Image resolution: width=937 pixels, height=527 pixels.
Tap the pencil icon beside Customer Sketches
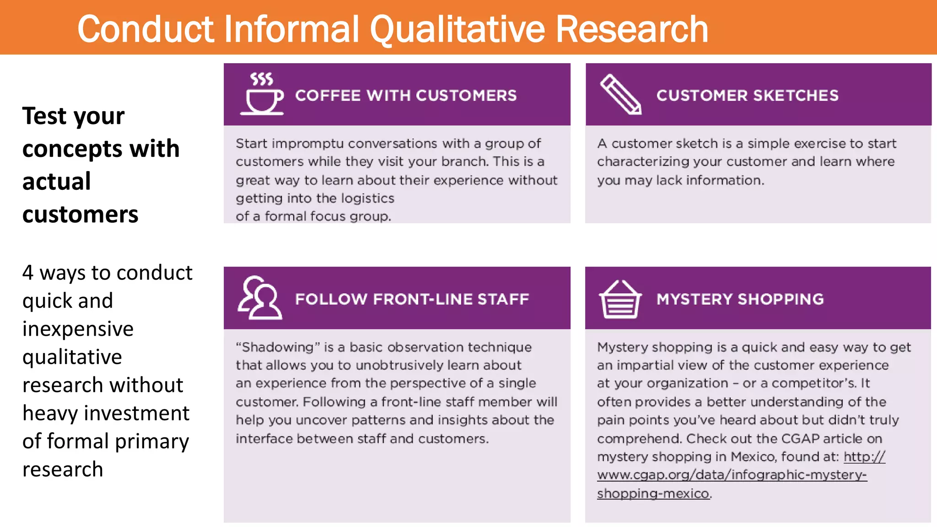620,94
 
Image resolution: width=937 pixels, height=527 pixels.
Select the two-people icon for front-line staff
259,297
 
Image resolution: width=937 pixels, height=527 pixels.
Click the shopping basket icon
620,299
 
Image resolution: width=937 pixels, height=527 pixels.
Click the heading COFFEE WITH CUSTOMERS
405,96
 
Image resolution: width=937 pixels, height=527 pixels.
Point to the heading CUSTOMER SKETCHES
747,96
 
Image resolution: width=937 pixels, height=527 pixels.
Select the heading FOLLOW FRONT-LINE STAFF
412,299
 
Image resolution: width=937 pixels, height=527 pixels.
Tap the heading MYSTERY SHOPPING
740,299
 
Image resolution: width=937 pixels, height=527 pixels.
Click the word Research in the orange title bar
632,29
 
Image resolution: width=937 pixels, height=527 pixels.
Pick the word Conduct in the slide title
146,29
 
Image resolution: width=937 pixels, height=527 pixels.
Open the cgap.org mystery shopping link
732,475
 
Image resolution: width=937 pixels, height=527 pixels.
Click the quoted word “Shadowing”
278,347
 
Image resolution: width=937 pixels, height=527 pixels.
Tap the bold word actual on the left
56,182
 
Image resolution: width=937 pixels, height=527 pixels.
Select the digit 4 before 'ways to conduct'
28,273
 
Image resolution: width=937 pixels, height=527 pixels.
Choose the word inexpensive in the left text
78,329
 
